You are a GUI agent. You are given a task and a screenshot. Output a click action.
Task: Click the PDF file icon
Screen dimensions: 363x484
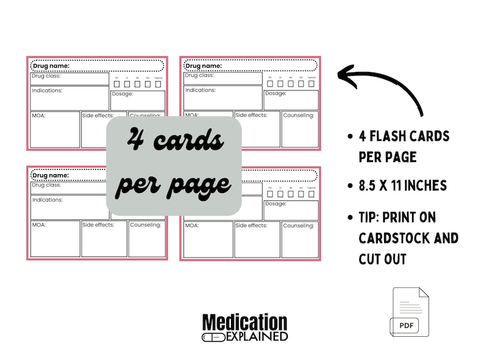click(x=410, y=312)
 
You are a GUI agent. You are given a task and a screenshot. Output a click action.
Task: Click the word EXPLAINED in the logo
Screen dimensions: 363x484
click(x=257, y=336)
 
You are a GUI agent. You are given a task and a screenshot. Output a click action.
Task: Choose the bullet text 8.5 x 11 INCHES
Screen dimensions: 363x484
click(x=404, y=185)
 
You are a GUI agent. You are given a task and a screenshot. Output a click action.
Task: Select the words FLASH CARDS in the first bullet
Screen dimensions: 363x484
click(x=415, y=136)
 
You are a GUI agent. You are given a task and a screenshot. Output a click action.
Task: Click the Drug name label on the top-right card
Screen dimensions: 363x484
click(x=203, y=65)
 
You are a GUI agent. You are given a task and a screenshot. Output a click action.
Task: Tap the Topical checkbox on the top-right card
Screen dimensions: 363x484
click(x=311, y=83)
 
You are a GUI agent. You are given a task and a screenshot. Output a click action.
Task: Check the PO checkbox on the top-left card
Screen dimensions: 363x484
click(x=117, y=83)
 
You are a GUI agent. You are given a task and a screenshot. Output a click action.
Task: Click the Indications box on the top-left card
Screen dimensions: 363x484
click(x=69, y=98)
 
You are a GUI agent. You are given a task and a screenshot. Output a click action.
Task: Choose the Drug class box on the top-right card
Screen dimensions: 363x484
click(x=222, y=78)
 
